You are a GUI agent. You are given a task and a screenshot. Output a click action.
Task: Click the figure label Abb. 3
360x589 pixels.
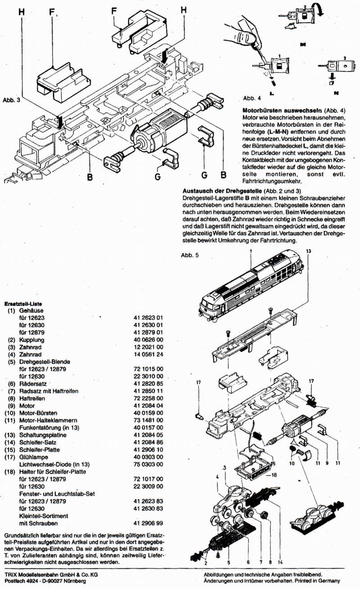(11, 100)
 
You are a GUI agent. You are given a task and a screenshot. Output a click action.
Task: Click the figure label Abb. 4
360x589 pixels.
(252, 98)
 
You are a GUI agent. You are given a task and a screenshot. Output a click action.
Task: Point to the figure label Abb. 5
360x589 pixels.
(190, 255)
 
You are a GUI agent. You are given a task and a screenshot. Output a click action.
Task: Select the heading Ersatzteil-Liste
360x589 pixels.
(23, 304)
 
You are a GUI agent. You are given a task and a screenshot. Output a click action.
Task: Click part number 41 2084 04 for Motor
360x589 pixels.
(148, 406)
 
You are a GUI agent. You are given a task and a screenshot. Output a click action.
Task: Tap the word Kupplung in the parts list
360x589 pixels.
(32, 340)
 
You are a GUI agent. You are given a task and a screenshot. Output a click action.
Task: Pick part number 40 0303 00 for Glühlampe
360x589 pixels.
(148, 457)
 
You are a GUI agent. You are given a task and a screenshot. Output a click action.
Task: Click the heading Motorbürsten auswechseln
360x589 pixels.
(283, 110)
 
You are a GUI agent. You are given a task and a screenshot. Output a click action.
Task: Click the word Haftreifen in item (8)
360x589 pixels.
(32, 399)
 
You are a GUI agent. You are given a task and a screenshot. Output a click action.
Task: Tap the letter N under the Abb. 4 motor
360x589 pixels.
(336, 93)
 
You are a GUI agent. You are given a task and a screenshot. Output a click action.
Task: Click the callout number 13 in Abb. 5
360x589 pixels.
(309, 251)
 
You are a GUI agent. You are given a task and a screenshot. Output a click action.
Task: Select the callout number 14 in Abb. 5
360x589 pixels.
(280, 562)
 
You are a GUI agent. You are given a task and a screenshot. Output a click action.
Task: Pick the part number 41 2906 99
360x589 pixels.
(148, 524)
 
